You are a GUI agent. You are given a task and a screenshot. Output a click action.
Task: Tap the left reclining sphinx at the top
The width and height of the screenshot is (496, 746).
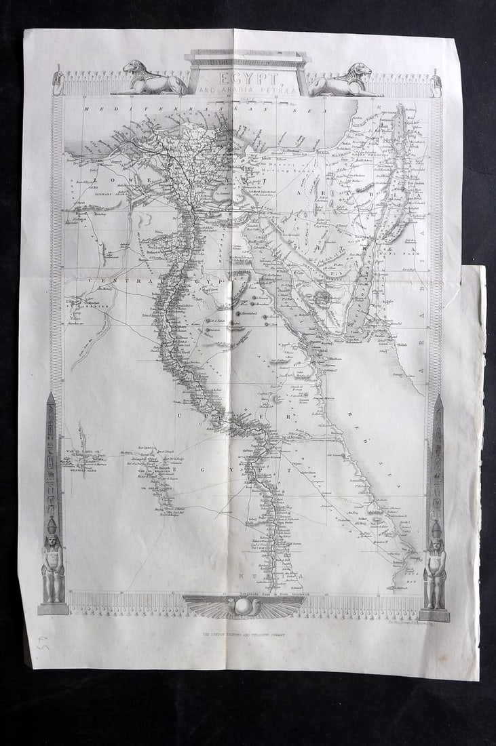click(149, 79)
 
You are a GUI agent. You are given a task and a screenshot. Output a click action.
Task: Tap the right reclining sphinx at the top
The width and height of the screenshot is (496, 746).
click(341, 80)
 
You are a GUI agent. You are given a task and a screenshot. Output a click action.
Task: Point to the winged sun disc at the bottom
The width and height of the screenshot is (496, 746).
click(244, 606)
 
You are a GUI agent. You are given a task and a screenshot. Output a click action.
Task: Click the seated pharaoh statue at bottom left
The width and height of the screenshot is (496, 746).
click(53, 563)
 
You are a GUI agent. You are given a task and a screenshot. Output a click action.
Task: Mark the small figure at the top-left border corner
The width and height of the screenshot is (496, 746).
click(58, 82)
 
